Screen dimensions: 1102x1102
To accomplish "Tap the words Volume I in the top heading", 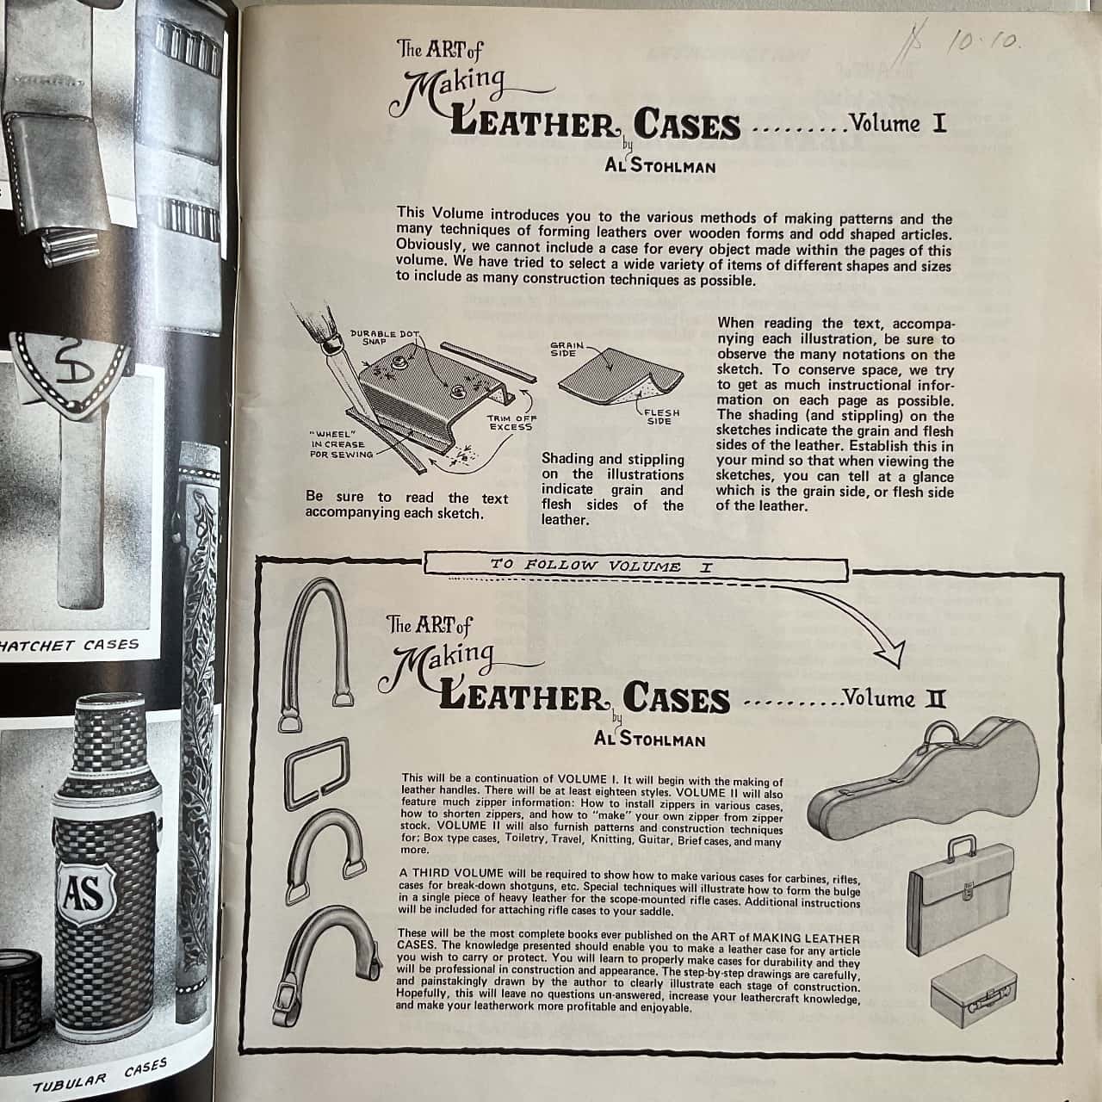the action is click(x=897, y=123).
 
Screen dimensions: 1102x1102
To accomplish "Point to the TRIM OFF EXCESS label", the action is click(x=511, y=422).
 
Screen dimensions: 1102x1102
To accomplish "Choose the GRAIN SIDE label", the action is click(x=566, y=349).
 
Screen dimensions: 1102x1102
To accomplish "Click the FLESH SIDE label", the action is click(x=661, y=417).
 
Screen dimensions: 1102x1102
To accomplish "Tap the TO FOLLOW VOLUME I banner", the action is click(x=636, y=566).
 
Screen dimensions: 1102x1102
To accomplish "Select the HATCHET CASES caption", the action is click(x=69, y=646).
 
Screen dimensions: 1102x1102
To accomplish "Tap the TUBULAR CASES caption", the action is click(x=100, y=1075).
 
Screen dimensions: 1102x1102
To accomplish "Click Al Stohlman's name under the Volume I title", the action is click(x=660, y=165).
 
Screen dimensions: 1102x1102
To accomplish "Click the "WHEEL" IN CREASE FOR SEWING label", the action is click(x=342, y=444).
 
